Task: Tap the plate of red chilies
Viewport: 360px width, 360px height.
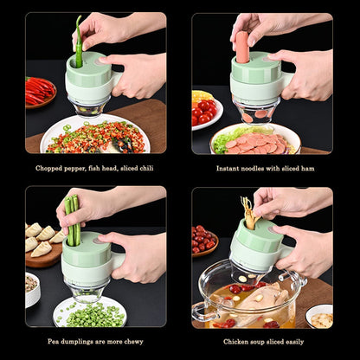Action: point(39,91)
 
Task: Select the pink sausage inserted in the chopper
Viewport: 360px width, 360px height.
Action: point(243,47)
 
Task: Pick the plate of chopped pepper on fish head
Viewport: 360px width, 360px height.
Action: point(94,138)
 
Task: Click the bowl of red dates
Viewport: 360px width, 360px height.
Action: point(205,240)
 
